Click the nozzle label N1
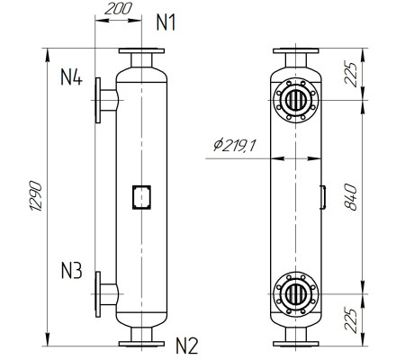click(x=166, y=22)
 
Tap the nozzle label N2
click(x=186, y=346)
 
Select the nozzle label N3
click(x=71, y=271)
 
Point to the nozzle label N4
click(x=71, y=76)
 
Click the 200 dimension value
click(x=118, y=9)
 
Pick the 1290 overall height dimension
click(x=36, y=196)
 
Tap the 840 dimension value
click(x=350, y=197)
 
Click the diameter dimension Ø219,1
click(x=234, y=146)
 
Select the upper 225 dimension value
click(x=350, y=74)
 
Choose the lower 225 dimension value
click(x=350, y=319)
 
